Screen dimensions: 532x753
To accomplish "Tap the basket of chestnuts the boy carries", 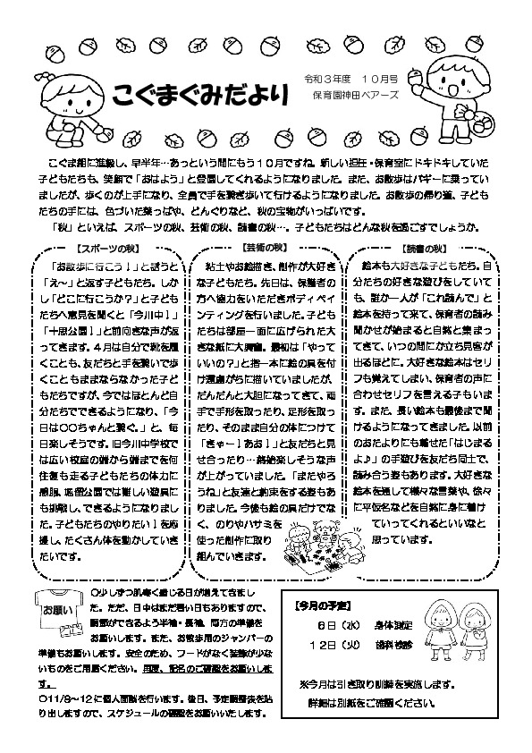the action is click(487, 123).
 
